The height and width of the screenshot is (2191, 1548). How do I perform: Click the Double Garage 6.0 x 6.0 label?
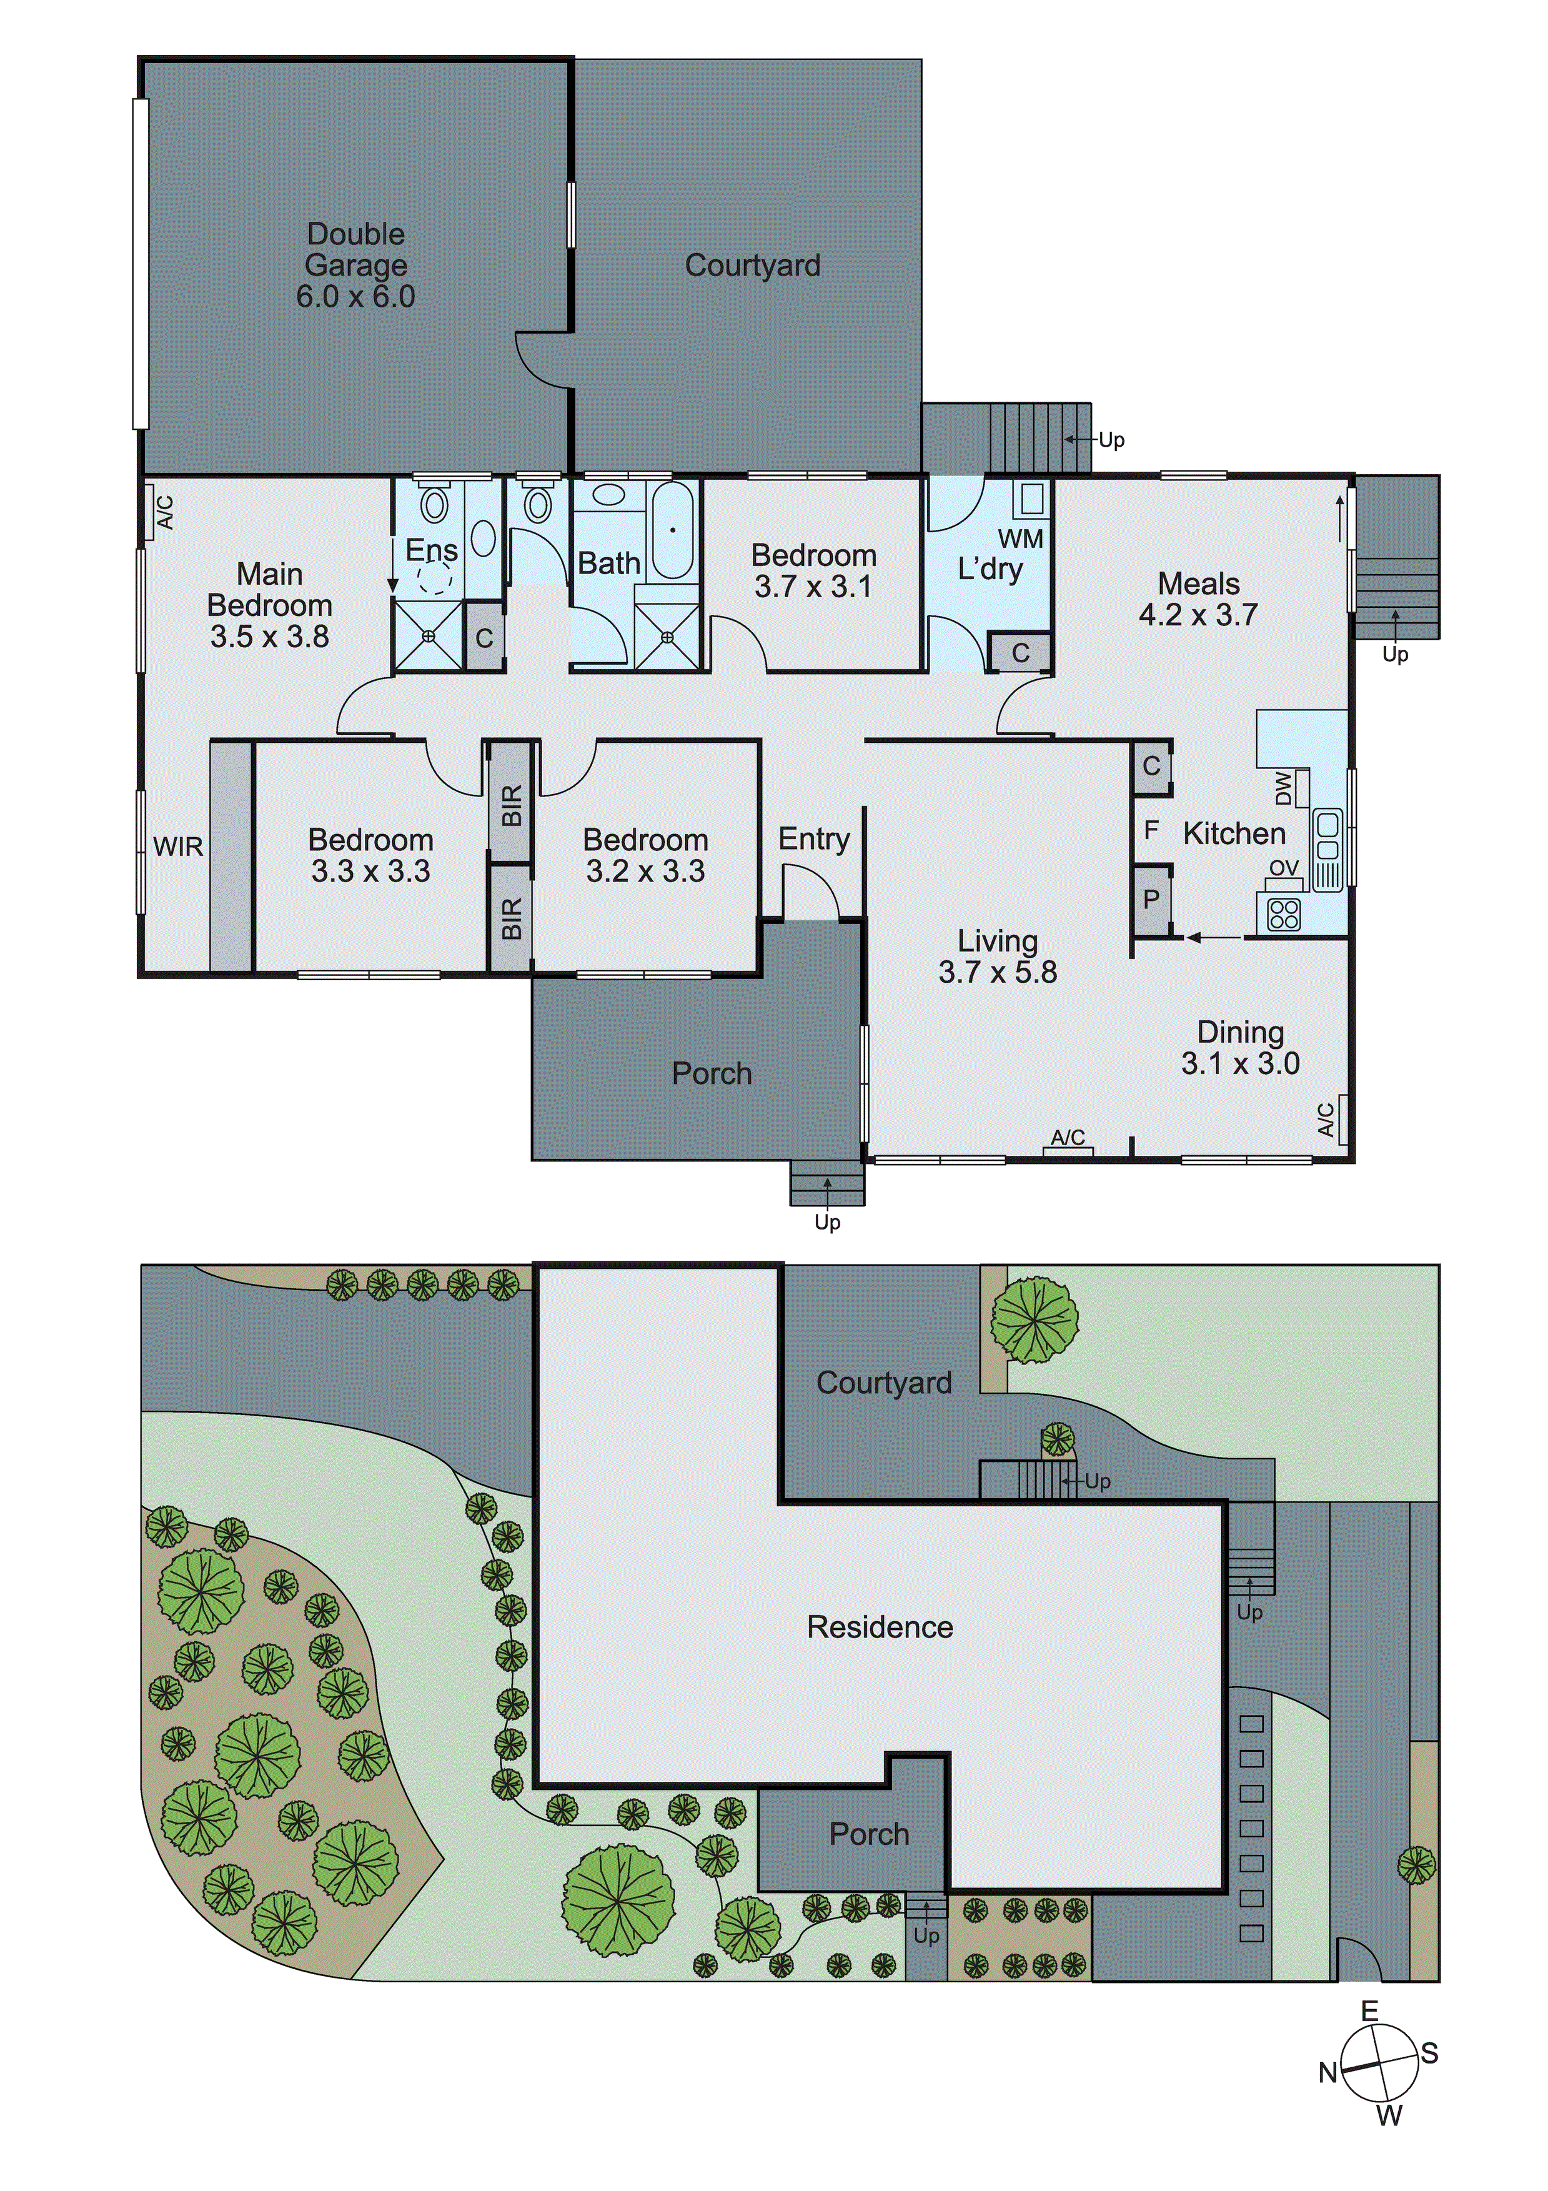(x=355, y=266)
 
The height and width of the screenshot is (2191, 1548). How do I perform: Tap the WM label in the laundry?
(x=1020, y=539)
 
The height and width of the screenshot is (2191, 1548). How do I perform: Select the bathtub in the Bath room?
(x=673, y=530)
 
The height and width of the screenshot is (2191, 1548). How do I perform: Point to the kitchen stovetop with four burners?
(x=1284, y=914)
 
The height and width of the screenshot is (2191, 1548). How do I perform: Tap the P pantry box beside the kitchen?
(x=1151, y=899)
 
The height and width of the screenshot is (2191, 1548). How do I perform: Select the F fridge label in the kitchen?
(x=1151, y=830)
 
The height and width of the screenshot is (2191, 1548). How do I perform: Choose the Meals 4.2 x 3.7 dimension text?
(x=1198, y=615)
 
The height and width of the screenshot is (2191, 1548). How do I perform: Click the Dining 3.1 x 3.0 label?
(x=1240, y=1047)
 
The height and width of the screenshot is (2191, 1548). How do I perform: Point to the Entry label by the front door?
(x=813, y=839)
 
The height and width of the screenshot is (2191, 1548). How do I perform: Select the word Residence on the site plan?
(x=879, y=1627)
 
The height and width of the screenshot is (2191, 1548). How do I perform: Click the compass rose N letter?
(x=1327, y=2073)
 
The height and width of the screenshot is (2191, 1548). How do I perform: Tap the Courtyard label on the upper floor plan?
(x=752, y=266)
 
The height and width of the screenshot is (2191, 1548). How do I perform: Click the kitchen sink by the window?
(x=1327, y=836)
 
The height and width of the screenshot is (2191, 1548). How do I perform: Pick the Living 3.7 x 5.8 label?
(x=997, y=956)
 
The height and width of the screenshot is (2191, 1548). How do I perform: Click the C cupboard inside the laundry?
(x=1020, y=653)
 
